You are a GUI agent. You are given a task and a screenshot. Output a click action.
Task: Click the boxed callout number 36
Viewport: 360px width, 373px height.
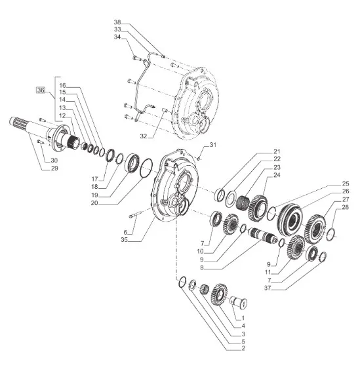pyautogui.click(x=41, y=90)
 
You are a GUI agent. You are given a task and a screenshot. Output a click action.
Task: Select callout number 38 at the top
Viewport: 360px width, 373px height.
pyautogui.click(x=117, y=22)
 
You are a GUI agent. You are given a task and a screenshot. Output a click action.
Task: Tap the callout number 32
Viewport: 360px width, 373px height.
pyautogui.click(x=143, y=136)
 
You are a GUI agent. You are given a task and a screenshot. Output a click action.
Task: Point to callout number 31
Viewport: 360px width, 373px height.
pyautogui.click(x=212, y=145)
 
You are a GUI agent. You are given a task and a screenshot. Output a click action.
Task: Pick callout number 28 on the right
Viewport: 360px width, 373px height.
pyautogui.click(x=345, y=207)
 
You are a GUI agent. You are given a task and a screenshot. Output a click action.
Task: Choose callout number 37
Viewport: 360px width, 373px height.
pyautogui.click(x=268, y=288)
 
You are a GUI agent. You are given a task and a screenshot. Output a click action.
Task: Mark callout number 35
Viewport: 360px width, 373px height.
pyautogui.click(x=124, y=240)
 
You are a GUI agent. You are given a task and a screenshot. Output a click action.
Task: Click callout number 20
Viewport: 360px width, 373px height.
pyautogui.click(x=94, y=203)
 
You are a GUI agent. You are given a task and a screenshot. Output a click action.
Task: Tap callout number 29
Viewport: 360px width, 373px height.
pyautogui.click(x=54, y=168)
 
